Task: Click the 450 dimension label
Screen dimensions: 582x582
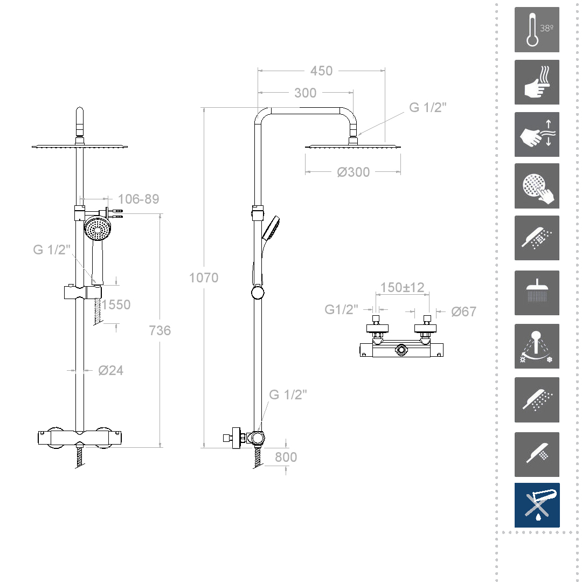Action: pyautogui.click(x=321, y=71)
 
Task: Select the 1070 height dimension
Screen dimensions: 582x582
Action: pyautogui.click(x=204, y=278)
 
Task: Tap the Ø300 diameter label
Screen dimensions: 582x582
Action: pyautogui.click(x=354, y=172)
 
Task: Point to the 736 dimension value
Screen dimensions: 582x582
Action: pyautogui.click(x=160, y=330)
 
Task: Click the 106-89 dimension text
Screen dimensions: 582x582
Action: pyautogui.click(x=138, y=199)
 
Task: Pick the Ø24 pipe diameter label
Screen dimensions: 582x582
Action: pyautogui.click(x=110, y=370)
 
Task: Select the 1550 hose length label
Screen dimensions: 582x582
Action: pyautogui.click(x=116, y=304)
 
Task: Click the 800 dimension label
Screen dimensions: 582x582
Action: pyautogui.click(x=286, y=458)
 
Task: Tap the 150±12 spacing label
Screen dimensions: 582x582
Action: pyautogui.click(x=403, y=287)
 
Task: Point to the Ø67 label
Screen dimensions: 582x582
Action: pyautogui.click(x=463, y=312)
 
